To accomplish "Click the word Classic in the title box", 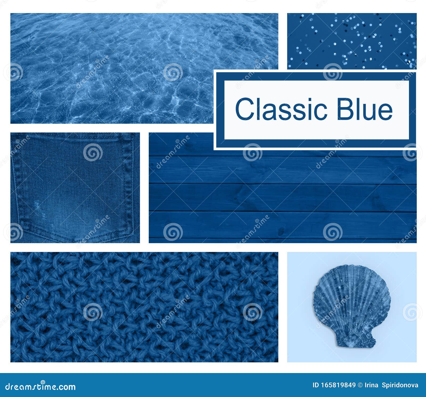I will (x=281, y=109).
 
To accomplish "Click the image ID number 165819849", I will (x=338, y=385).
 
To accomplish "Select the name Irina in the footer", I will (x=372, y=385).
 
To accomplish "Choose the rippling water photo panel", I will (x=112, y=68).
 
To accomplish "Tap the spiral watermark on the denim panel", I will (x=93, y=152).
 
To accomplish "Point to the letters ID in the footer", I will (x=316, y=385).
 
